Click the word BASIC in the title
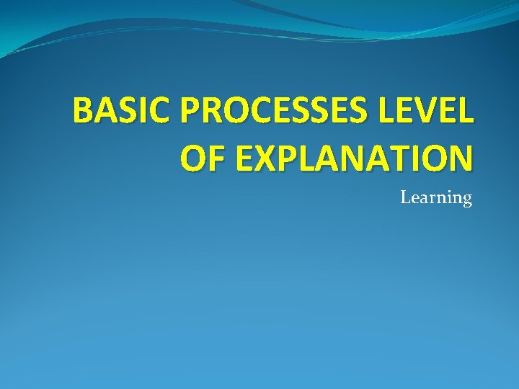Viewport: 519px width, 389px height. [x=123, y=112]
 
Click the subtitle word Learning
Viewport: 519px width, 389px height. [x=436, y=198]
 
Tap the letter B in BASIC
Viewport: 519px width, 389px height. [x=84, y=112]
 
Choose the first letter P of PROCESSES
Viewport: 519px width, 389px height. [x=192, y=112]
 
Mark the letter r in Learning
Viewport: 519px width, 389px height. [x=430, y=198]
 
